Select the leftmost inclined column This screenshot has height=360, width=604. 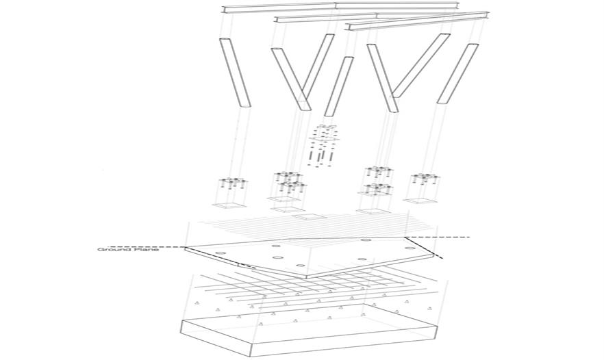(235, 73)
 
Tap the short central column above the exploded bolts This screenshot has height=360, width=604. (339, 86)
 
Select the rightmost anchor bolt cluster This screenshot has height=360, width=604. (425, 180)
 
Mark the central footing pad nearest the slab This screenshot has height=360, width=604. (310, 217)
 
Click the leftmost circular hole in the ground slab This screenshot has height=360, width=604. (221, 253)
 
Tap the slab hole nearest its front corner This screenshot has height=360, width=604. (300, 266)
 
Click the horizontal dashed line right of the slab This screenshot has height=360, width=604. (438, 237)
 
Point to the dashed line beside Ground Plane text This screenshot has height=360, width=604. (147, 246)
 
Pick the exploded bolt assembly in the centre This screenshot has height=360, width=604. (323, 146)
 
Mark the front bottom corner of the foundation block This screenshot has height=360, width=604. (252, 357)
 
